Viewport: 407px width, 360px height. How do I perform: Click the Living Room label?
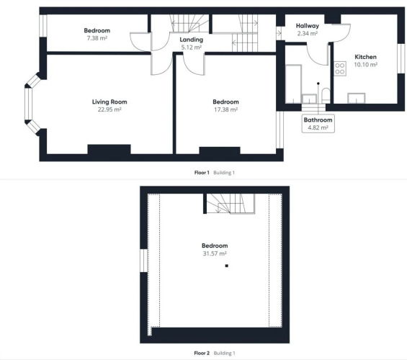[109, 102]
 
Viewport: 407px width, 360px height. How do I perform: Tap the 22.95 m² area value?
[109, 109]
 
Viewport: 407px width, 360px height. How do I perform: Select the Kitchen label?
[365, 57]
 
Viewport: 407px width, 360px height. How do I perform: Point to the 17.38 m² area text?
[225, 109]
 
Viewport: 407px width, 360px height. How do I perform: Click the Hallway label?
[308, 26]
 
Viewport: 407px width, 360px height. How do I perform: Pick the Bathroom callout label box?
[318, 124]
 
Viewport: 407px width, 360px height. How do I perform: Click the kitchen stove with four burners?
[340, 68]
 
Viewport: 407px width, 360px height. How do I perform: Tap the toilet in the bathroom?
[326, 96]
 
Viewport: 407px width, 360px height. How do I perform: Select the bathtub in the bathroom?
[294, 84]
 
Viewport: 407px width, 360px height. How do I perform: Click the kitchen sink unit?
[357, 99]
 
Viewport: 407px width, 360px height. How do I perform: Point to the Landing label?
[192, 40]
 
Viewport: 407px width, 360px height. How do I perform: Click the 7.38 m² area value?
[97, 38]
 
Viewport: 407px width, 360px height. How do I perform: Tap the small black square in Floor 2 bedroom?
[227, 266]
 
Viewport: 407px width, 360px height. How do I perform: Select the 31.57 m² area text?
[215, 253]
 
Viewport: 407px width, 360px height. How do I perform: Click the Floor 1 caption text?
[202, 173]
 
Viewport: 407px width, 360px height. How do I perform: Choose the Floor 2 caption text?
[202, 353]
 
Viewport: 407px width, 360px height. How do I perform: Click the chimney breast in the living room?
[109, 149]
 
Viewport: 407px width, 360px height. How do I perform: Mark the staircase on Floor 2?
[231, 204]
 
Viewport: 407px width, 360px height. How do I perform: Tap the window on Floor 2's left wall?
[143, 261]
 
